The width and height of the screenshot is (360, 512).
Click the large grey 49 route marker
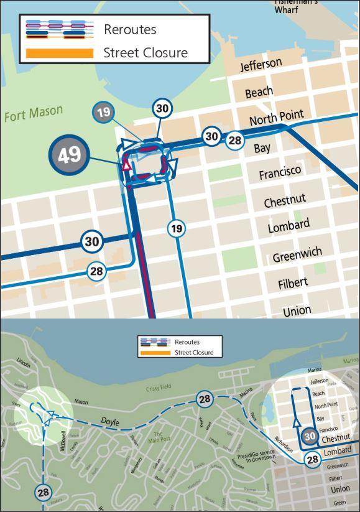[x=66, y=155]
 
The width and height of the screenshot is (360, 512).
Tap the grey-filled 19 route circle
[x=103, y=113]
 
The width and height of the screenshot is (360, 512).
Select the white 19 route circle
[x=177, y=229]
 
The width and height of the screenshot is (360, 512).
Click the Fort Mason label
[x=34, y=113]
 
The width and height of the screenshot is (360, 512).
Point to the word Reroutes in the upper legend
[x=130, y=29]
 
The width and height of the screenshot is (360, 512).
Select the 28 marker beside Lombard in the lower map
[x=312, y=460]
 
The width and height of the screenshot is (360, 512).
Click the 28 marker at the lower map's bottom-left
[x=43, y=492]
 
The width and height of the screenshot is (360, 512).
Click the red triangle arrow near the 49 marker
[x=126, y=165]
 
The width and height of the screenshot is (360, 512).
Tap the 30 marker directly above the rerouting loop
[x=162, y=108]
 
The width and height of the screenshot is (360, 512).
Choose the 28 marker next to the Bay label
[x=234, y=140]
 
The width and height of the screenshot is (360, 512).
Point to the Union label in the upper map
[x=297, y=310]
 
